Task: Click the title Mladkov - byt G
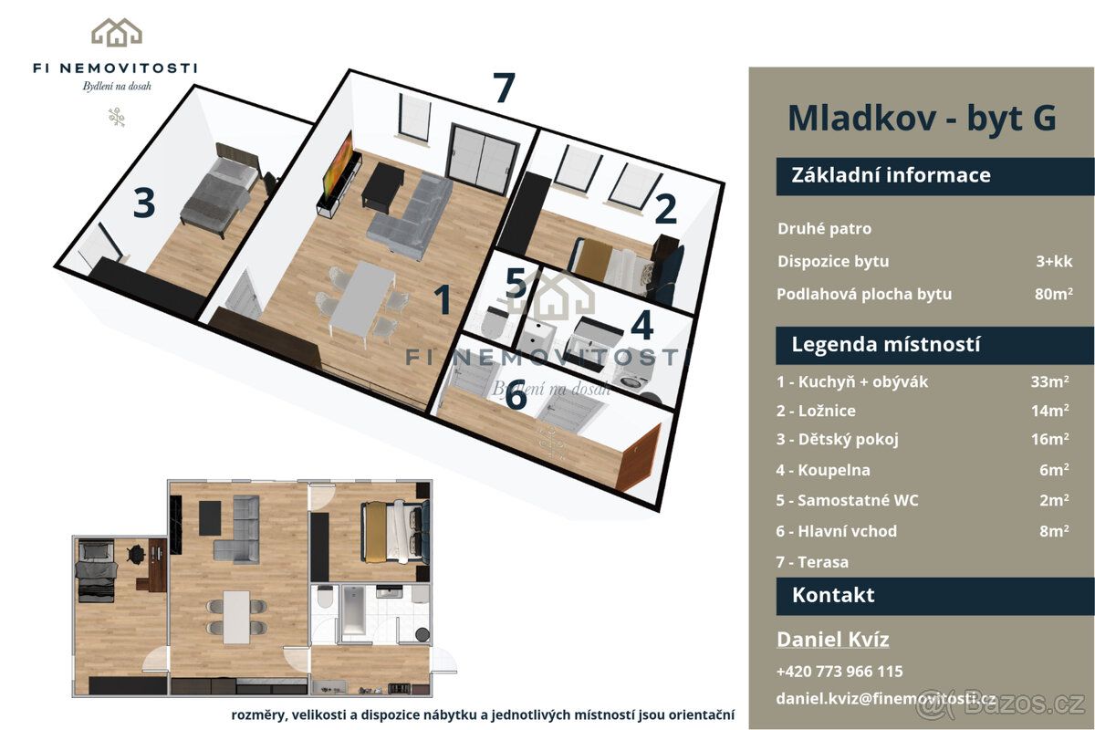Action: coord(922,119)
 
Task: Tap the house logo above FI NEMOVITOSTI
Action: coord(117,32)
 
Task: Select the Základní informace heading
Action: coord(891,175)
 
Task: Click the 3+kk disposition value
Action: coord(1054,261)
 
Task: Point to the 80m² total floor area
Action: coord(1053,294)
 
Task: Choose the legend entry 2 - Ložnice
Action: coord(816,411)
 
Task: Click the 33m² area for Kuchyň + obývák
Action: coord(1049,381)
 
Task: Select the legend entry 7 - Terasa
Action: coord(812,562)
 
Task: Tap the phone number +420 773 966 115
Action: coord(839,672)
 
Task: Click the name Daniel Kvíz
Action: coord(832,640)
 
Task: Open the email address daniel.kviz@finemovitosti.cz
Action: coord(885,699)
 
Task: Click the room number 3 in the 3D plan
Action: coord(144,203)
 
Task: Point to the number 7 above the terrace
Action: coord(504,88)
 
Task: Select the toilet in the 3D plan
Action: coord(494,323)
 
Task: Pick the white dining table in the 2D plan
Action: coord(236,617)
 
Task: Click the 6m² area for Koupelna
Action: coord(1054,470)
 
